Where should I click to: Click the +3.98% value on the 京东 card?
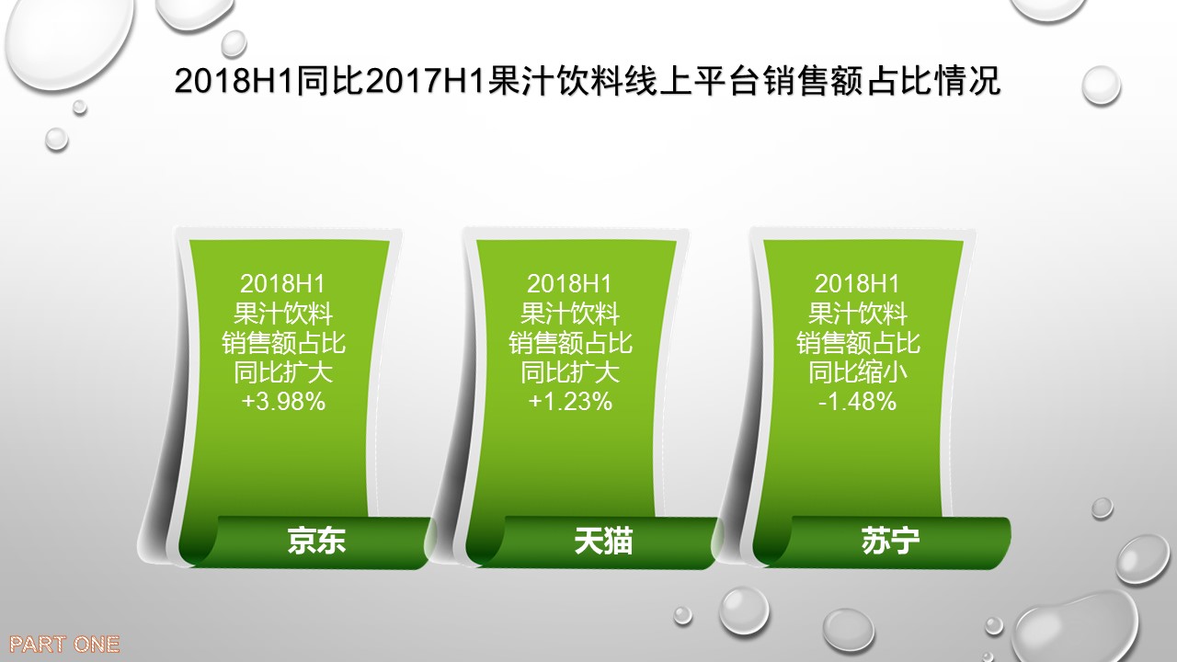tap(284, 402)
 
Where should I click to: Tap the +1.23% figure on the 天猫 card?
tap(571, 402)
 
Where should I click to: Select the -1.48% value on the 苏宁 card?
tap(858, 402)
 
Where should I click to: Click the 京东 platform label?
tap(316, 541)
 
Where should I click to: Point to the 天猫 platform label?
tap(603, 541)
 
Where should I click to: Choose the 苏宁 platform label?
tap(890, 541)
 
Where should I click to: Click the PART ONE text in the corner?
tap(64, 645)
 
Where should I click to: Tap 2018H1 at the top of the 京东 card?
tap(283, 284)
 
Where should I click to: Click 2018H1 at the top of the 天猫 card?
tap(570, 284)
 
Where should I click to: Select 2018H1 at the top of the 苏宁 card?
tap(858, 284)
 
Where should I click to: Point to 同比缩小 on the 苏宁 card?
tap(858, 372)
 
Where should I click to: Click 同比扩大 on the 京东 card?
tap(283, 372)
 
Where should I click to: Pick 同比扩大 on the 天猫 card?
tap(570, 372)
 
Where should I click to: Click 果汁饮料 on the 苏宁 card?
tap(858, 314)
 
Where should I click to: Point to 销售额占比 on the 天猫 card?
tap(570, 343)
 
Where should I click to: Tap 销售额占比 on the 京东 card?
tap(283, 343)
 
